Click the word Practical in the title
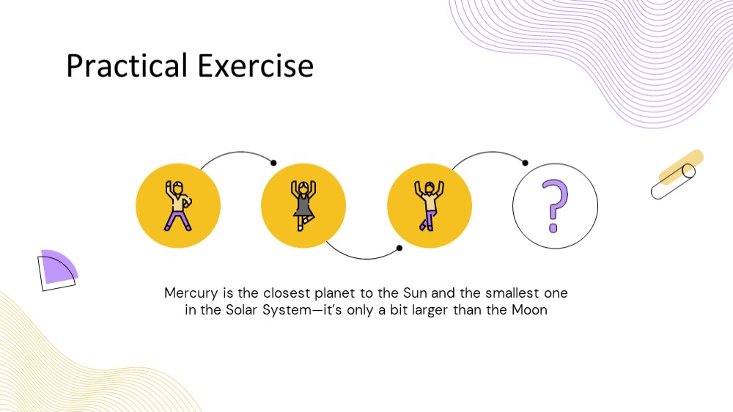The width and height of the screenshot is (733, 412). [127, 65]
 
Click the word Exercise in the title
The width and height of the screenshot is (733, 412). [256, 65]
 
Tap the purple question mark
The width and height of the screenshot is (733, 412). [555, 206]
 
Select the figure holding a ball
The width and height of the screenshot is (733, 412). [178, 206]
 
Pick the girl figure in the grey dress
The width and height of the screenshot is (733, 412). [303, 206]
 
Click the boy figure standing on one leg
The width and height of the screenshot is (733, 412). [429, 206]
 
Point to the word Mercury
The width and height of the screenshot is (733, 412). [191, 293]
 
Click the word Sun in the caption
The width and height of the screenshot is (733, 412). [415, 293]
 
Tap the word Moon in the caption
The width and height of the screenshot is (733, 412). [529, 309]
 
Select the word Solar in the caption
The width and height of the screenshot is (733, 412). [241, 309]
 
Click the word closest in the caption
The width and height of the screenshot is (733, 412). [287, 293]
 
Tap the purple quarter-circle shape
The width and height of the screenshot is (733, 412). [59, 267]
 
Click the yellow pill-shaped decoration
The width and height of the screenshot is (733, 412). [681, 167]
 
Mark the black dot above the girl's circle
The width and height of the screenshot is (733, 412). [273, 163]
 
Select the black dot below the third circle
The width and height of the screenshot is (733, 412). [399, 248]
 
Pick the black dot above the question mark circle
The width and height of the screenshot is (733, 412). [525, 163]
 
